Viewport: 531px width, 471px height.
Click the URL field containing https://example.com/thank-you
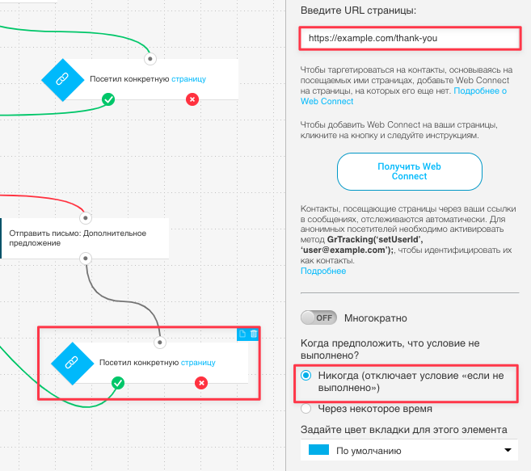pyautogui.click(x=410, y=38)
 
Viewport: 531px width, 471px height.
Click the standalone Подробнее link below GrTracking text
pyautogui.click(x=323, y=271)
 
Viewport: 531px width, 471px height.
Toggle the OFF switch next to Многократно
pyautogui.click(x=318, y=318)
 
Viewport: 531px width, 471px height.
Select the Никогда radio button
pyautogui.click(x=306, y=375)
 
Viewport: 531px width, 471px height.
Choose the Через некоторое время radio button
pyautogui.click(x=306, y=408)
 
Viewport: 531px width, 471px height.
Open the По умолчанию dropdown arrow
pyautogui.click(x=508, y=450)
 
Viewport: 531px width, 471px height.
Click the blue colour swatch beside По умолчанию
pyautogui.click(x=318, y=450)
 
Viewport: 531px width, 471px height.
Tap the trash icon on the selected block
pyautogui.click(x=254, y=334)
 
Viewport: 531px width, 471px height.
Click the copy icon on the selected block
pyautogui.click(x=242, y=334)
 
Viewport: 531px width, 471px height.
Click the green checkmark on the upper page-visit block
pyautogui.click(x=108, y=99)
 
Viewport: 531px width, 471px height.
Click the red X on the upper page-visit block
pyautogui.click(x=192, y=99)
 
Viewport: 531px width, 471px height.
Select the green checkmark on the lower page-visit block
pyautogui.click(x=118, y=383)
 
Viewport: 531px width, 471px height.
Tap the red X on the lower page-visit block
pyautogui.click(x=201, y=383)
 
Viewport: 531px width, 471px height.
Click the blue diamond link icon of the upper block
pyautogui.click(x=63, y=80)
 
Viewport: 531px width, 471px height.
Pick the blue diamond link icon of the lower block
pyautogui.click(x=72, y=364)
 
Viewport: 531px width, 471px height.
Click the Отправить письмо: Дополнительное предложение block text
pyautogui.click(x=78, y=238)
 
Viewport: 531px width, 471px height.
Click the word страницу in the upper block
pyautogui.click(x=188, y=79)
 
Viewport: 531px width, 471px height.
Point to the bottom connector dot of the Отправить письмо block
pyautogui.click(x=86, y=259)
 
